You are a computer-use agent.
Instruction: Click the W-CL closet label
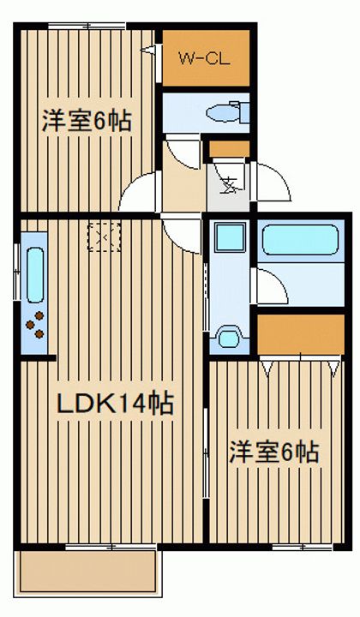[204, 59]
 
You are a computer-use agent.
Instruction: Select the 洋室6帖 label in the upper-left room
[87, 121]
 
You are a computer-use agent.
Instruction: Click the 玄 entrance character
[230, 185]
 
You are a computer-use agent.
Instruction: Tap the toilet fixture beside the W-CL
[228, 112]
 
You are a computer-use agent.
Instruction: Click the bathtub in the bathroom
[300, 240]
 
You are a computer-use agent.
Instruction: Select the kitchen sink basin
[35, 275]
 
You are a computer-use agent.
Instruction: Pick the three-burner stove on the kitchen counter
[35, 325]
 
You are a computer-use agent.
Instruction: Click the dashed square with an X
[105, 237]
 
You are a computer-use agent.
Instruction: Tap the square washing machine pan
[231, 237]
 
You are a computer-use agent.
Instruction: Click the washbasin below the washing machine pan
[229, 338]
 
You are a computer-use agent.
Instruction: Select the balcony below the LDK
[87, 571]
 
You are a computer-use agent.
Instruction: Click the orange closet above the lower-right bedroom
[301, 334]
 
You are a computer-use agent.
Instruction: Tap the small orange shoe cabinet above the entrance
[229, 149]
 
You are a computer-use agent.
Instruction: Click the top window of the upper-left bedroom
[87, 26]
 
